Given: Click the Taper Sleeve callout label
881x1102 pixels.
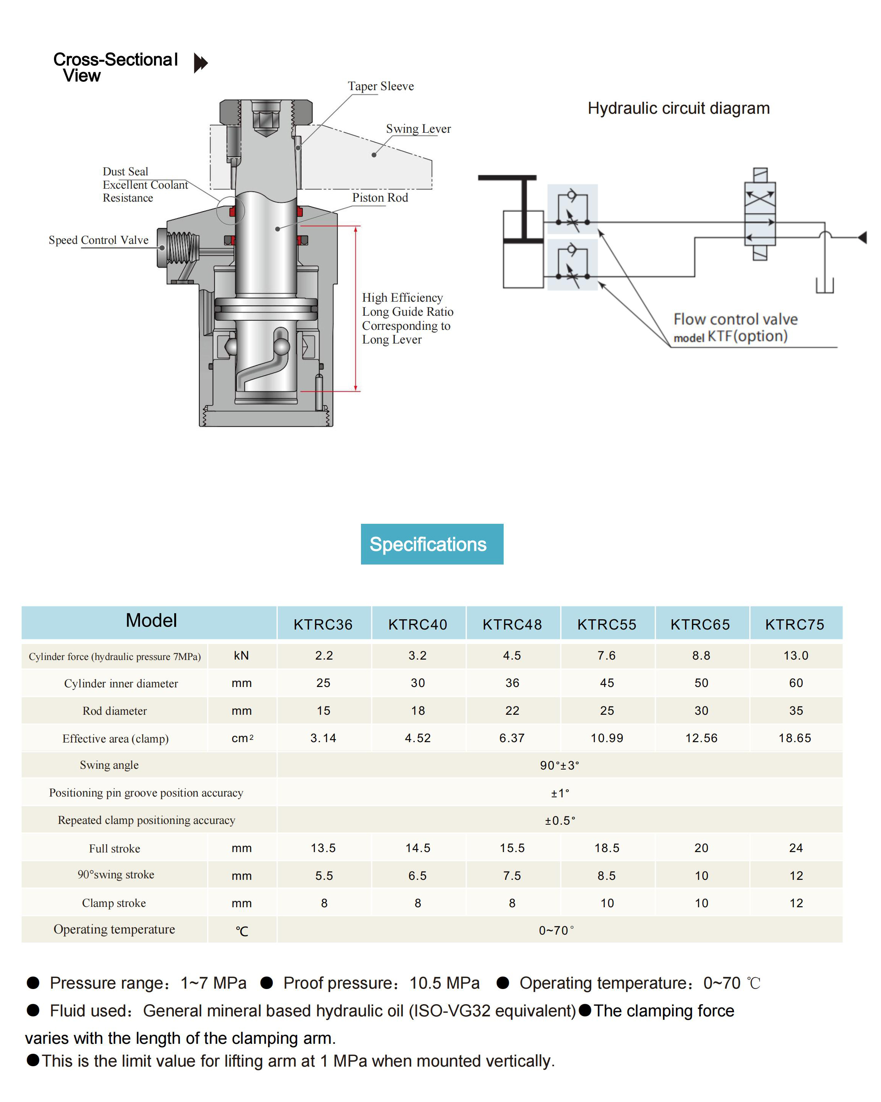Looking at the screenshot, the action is click(x=381, y=86).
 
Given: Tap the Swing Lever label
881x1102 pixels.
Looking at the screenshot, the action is click(x=418, y=129).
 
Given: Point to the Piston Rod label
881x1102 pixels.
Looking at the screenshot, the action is click(x=380, y=198).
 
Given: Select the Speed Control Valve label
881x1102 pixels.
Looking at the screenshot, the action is click(x=99, y=240).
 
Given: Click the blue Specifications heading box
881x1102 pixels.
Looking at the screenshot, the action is click(x=432, y=544).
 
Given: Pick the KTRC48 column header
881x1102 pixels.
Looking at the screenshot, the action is click(x=512, y=624).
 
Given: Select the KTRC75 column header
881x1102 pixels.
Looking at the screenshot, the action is click(x=795, y=624).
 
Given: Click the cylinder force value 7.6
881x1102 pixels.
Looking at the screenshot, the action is click(x=607, y=655).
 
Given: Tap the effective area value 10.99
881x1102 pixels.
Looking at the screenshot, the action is click(x=607, y=738).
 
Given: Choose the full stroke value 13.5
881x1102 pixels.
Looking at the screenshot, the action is click(x=323, y=848).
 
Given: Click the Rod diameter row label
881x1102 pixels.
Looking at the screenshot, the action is click(x=115, y=711).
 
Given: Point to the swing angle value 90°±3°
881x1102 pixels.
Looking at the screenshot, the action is click(x=560, y=765).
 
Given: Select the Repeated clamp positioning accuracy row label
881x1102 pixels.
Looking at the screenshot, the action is click(x=147, y=821).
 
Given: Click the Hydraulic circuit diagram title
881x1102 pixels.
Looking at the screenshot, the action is click(x=679, y=108).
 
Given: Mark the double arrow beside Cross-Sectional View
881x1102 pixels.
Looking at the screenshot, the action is click(x=201, y=63).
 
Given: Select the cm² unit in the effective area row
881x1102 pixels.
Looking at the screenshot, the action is click(x=243, y=738).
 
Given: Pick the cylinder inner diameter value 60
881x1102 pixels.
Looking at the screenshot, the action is click(x=796, y=683).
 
